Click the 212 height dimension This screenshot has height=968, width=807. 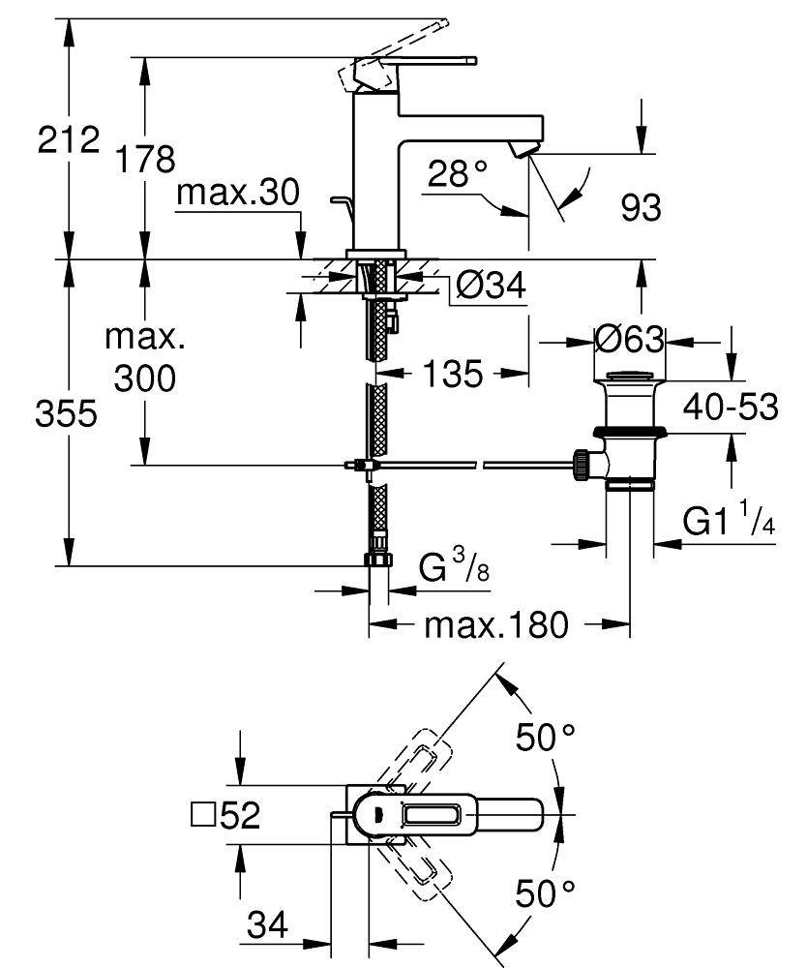pyautogui.click(x=69, y=141)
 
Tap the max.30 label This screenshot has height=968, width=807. pyautogui.click(x=237, y=195)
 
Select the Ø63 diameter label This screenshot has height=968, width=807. pyautogui.click(x=629, y=340)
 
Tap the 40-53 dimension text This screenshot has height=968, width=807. pyautogui.click(x=731, y=408)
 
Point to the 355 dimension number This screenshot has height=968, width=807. pyautogui.click(x=69, y=413)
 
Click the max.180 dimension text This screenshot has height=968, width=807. pyautogui.click(x=496, y=625)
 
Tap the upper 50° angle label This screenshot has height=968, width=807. pyautogui.click(x=545, y=740)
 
